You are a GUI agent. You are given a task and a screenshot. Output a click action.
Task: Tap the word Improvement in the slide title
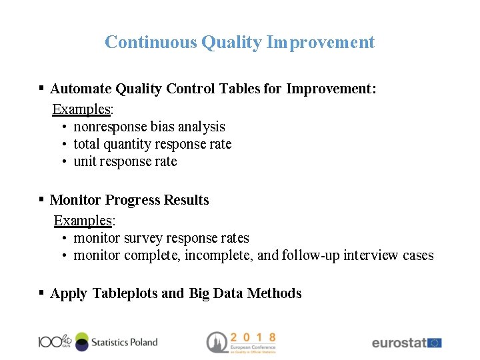(321, 43)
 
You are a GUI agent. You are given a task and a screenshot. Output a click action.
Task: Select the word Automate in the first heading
(81, 89)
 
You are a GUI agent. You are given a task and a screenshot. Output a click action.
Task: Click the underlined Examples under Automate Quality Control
(81, 109)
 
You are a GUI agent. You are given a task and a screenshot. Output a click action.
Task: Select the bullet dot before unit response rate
(64, 162)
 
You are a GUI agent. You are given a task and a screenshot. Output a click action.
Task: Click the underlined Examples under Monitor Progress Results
(83, 221)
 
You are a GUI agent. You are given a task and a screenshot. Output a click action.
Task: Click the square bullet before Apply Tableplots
(41, 293)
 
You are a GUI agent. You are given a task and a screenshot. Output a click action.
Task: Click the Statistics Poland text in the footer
(125, 342)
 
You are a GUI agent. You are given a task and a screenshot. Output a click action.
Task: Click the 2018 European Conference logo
(241, 342)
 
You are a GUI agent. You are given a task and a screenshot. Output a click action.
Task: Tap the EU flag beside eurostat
(435, 343)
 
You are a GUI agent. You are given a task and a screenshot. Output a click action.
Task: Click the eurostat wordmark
(399, 343)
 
